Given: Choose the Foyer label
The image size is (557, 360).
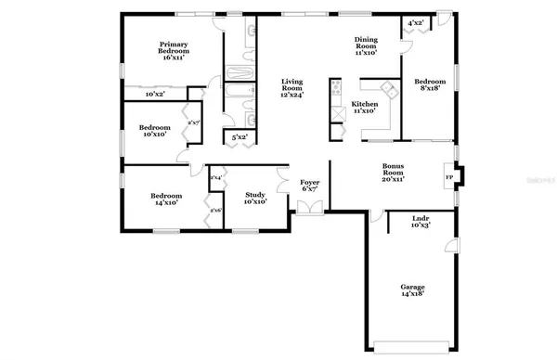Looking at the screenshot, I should pos(309,187).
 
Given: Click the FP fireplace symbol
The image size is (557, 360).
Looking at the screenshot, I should pos(450,178).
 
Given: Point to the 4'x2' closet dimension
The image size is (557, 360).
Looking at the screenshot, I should pos(416,22).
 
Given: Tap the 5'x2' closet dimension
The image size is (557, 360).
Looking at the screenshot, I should pos(240,137).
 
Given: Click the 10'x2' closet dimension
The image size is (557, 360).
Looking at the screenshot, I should pos(155,95).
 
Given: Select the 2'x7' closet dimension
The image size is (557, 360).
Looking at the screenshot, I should pos(195,122).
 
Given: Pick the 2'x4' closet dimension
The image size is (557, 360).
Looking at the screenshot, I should pos(215,177).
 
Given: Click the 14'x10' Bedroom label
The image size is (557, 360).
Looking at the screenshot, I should pos(167,199).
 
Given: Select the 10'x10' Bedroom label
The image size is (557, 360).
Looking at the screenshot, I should pos(153,131).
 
